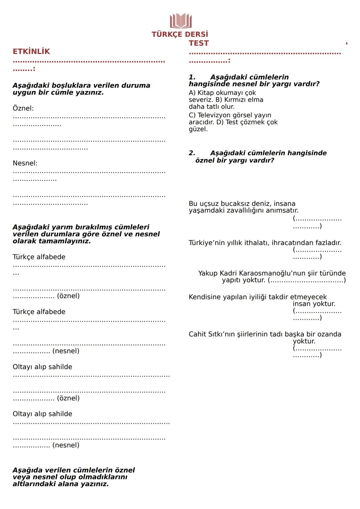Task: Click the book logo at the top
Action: click(181, 21)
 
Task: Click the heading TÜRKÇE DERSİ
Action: click(180, 34)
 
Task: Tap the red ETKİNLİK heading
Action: click(31, 52)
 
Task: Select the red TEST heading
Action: click(199, 43)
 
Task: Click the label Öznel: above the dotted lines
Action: click(23, 108)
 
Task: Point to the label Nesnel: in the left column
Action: click(25, 163)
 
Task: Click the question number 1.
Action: click(192, 77)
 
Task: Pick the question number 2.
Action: click(192, 153)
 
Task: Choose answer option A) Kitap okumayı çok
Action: click(222, 93)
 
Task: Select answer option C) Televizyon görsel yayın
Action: click(230, 115)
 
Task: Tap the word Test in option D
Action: click(232, 122)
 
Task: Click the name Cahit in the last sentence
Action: click(198, 334)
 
